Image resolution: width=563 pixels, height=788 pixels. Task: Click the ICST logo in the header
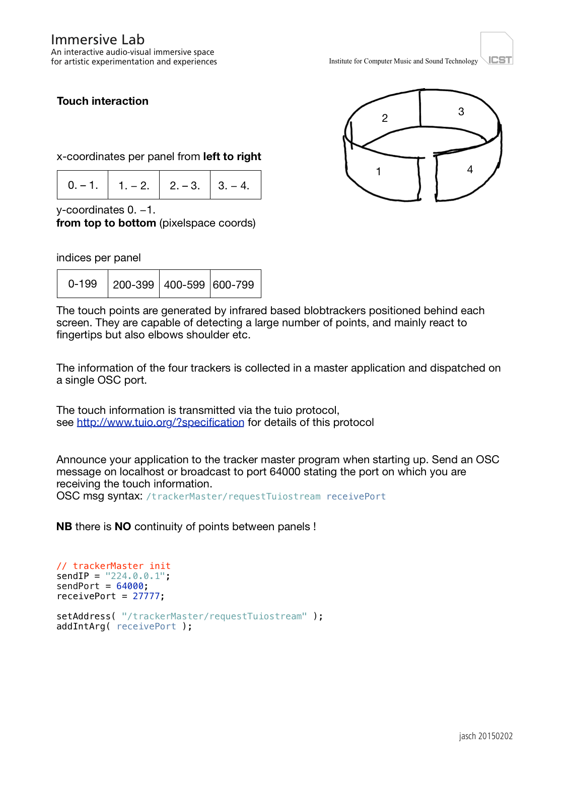click(497, 49)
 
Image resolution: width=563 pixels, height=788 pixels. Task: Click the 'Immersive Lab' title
click(98, 40)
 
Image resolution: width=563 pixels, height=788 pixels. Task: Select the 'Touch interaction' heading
click(103, 101)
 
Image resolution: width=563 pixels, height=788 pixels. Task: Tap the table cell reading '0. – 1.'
click(83, 185)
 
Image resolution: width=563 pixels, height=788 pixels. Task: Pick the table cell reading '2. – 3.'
click(185, 185)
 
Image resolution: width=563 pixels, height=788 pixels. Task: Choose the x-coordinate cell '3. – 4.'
click(234, 185)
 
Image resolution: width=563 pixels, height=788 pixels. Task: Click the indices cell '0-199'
click(83, 284)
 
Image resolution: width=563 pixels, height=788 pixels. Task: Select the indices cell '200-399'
click(133, 284)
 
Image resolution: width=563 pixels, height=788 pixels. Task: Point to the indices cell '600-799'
click(234, 284)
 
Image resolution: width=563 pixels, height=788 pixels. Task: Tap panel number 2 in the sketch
click(385, 118)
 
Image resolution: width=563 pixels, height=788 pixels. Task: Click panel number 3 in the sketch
click(461, 112)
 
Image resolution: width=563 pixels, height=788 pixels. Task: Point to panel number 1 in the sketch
click(379, 172)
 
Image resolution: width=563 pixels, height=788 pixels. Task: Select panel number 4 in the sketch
click(470, 170)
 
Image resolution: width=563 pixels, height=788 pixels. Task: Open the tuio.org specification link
click(160, 422)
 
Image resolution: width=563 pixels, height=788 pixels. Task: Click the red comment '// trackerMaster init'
click(114, 566)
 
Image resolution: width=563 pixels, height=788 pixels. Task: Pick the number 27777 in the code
click(146, 596)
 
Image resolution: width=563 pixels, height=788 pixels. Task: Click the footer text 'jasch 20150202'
click(485, 736)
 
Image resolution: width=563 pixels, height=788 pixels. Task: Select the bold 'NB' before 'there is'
click(64, 527)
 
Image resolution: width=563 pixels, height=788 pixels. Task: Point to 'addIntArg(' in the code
click(83, 626)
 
